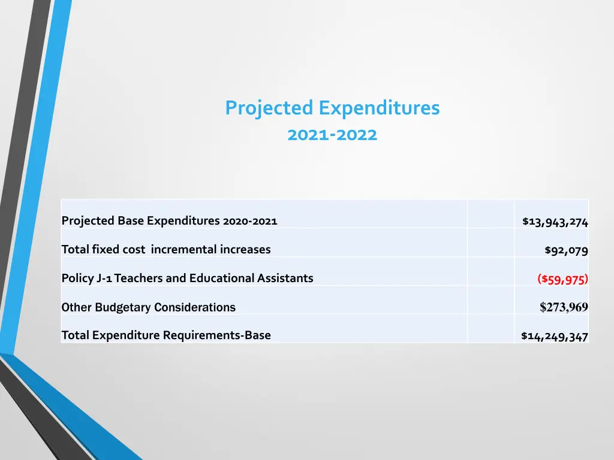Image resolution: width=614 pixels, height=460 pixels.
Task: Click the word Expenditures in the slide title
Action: (x=379, y=108)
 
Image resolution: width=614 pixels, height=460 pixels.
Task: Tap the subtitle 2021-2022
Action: (x=332, y=135)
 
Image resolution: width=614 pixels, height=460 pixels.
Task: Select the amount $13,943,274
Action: (x=555, y=222)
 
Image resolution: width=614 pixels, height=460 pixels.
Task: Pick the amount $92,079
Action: (x=566, y=250)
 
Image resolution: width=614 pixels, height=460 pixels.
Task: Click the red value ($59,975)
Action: (x=562, y=279)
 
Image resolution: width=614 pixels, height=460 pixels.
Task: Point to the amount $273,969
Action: (x=564, y=307)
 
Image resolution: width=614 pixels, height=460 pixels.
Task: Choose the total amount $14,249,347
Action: (x=555, y=337)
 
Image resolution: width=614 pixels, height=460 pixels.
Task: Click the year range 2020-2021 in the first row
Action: (x=249, y=221)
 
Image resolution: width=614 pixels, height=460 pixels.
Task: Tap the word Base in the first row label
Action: (x=131, y=221)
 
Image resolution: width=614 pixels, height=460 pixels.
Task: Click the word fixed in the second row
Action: (x=104, y=250)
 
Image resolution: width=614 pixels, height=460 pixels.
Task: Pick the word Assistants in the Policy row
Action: (x=285, y=279)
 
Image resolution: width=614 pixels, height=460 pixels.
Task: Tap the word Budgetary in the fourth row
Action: (x=123, y=307)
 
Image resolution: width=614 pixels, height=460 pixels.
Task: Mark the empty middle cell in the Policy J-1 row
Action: (x=490, y=279)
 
